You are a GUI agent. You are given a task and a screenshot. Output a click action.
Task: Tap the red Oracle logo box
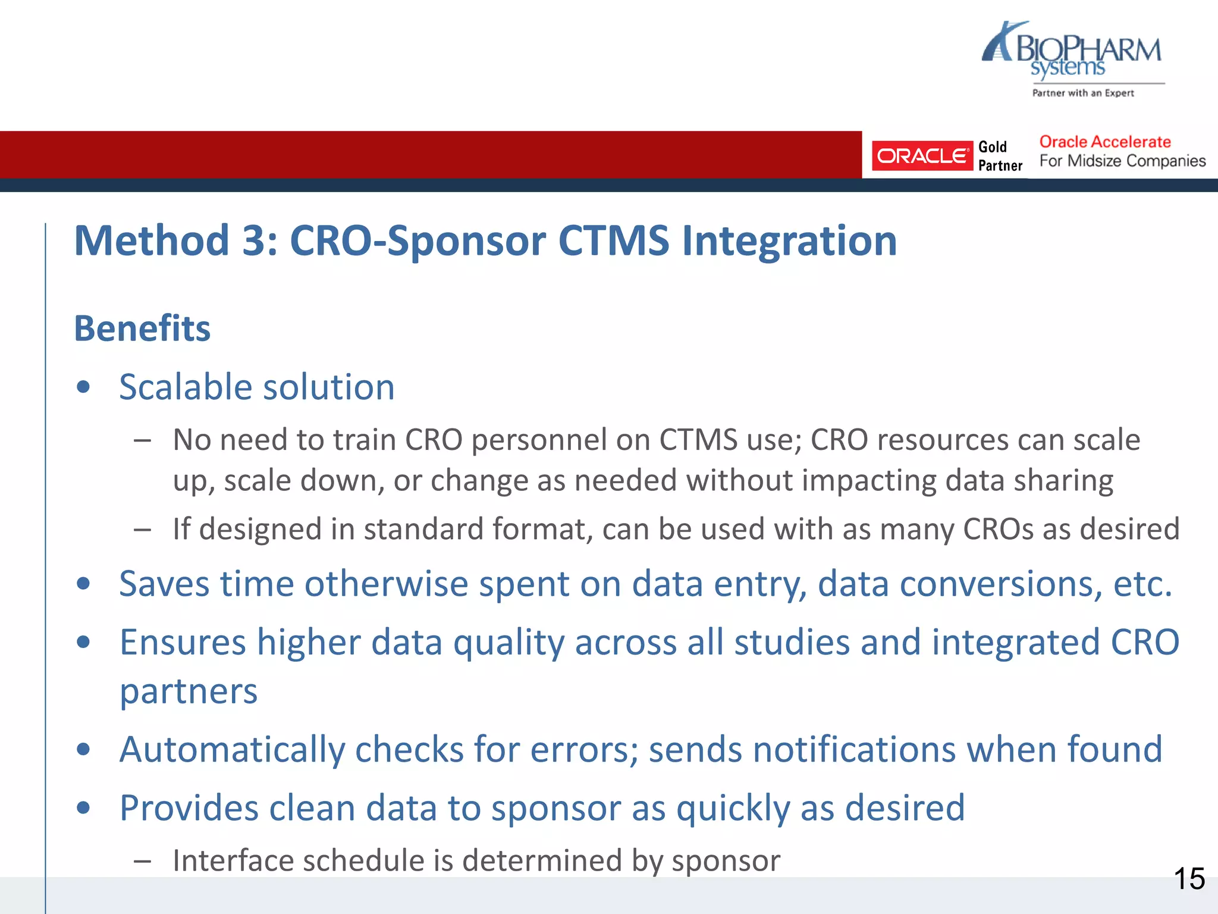coord(921,156)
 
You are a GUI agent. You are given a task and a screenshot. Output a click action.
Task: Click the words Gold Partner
coord(999,156)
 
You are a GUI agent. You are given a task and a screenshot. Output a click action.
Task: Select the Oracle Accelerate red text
coord(1104,142)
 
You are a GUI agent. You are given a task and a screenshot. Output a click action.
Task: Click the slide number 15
coord(1189,879)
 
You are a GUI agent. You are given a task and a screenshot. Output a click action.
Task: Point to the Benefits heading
coord(142,328)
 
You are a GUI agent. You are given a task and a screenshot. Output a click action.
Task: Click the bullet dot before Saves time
coord(83,584)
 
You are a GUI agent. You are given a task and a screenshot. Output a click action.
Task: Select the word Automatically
coord(232,749)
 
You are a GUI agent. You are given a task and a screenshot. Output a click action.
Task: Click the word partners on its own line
coord(189,691)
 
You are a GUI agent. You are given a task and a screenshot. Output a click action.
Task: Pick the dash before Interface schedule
coord(142,861)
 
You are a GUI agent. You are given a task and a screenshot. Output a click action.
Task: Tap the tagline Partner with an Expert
coord(1082,93)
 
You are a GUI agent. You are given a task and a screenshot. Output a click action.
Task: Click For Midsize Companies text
coord(1122,161)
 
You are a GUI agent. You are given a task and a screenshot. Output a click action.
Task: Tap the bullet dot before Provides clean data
coord(83,808)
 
